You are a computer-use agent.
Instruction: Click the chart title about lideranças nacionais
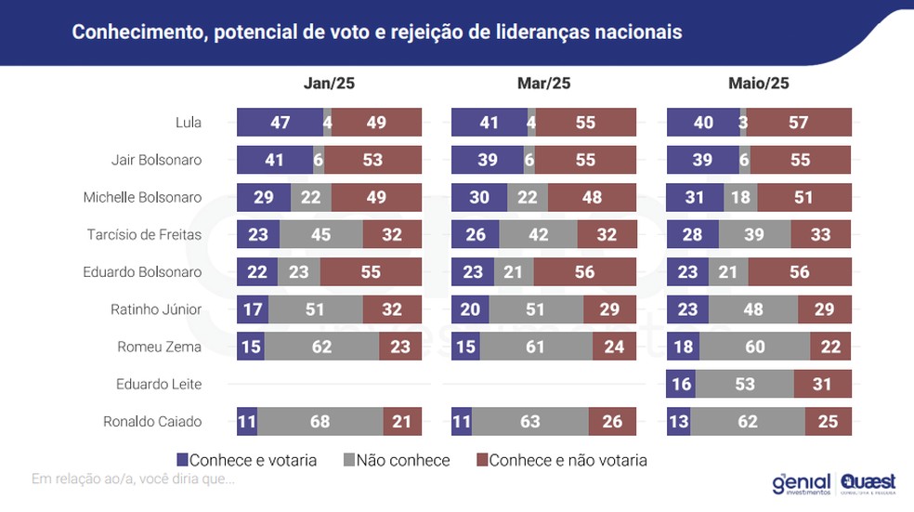tap(377, 33)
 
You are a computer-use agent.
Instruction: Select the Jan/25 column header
tap(329, 83)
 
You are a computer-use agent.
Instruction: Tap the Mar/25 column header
tap(543, 83)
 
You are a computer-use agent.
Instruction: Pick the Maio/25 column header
tap(759, 83)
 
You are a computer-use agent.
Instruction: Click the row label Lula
tap(189, 123)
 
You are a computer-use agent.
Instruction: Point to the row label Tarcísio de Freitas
tap(153, 235)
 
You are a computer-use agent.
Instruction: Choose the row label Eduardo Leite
tap(159, 384)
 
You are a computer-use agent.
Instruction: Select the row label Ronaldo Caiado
tap(152, 422)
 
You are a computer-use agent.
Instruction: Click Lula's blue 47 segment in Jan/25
tap(280, 123)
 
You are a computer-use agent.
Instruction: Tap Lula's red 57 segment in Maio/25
tap(799, 123)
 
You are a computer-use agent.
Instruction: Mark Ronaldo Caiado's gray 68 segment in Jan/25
tap(320, 422)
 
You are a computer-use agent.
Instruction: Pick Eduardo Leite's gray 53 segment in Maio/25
tap(744, 384)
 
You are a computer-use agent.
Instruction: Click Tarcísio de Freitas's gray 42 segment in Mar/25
tap(538, 235)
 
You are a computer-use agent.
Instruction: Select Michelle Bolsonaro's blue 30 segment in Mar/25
tap(479, 197)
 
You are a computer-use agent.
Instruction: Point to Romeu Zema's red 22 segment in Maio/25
tap(830, 347)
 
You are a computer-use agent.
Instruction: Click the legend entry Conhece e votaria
tap(247, 460)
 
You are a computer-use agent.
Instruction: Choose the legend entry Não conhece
tap(397, 460)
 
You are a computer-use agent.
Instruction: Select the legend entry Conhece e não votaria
tap(561, 460)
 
